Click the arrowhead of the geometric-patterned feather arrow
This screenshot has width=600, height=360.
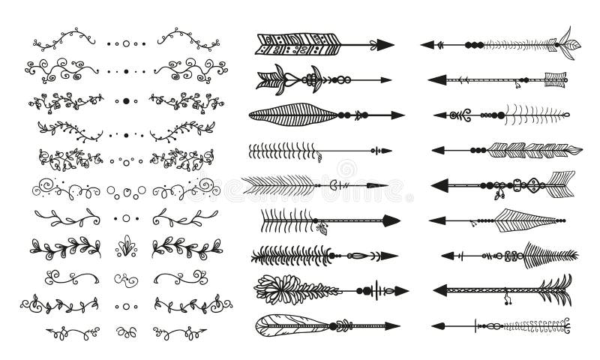click(x=384, y=44)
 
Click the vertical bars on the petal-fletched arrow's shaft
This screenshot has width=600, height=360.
click(x=381, y=289)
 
